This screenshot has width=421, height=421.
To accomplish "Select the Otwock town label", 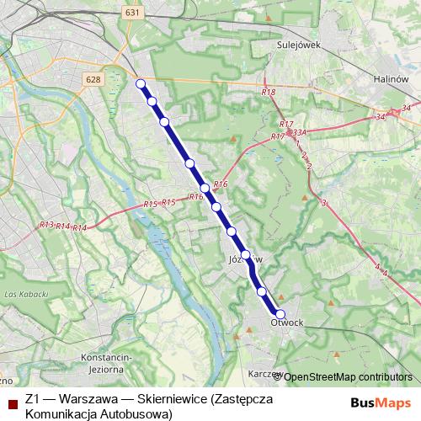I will [287, 322].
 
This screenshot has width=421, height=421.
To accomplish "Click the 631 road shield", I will [131, 13].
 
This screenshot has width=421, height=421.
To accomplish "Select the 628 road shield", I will [93, 78].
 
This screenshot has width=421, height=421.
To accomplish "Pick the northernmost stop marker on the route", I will [141, 83].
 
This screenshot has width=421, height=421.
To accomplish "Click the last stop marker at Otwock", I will [280, 314].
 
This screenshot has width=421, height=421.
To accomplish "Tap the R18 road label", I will [269, 92].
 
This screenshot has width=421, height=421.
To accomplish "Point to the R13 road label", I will [46, 225].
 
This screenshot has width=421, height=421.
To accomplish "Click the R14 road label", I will [79, 228].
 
